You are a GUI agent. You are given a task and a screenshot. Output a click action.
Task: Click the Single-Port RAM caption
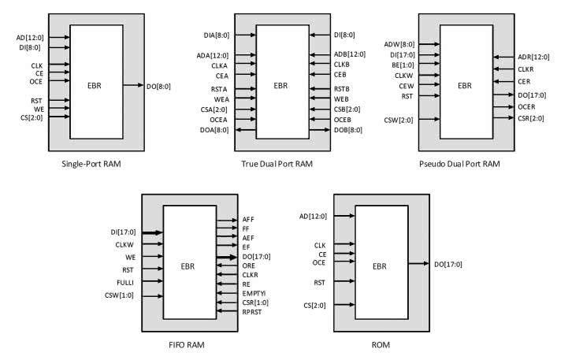(x=95, y=165)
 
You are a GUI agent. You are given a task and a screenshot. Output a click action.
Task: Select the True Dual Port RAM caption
(x=277, y=165)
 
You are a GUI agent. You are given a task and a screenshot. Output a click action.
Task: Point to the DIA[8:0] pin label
(x=217, y=35)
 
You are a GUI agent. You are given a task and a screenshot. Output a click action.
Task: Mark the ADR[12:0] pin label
(x=533, y=57)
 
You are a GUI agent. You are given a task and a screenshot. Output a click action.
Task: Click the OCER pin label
(x=527, y=106)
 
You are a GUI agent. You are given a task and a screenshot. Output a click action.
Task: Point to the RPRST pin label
(x=253, y=311)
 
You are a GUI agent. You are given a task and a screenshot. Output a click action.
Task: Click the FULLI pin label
(x=124, y=281)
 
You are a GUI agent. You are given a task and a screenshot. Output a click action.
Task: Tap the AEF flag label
(x=248, y=237)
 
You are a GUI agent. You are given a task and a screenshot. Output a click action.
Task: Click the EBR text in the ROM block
(x=381, y=266)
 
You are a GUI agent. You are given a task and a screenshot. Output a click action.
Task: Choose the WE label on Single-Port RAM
(x=38, y=109)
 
